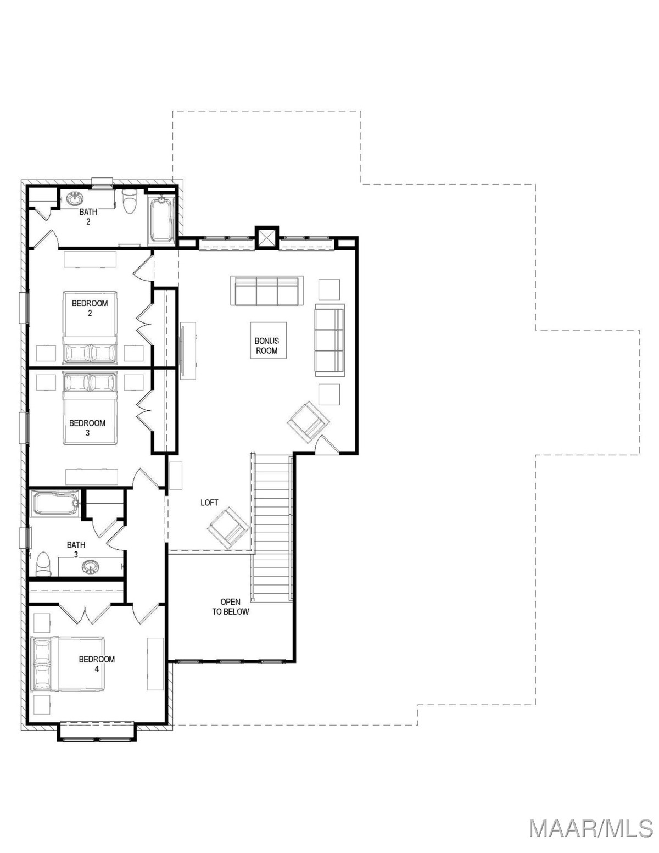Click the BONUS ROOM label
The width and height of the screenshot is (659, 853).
[266, 346]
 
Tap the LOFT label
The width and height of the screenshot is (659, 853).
[209, 503]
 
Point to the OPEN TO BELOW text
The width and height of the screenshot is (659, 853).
[231, 606]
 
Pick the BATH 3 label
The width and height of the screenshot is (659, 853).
[76, 550]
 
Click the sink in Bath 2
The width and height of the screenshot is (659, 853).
[74, 199]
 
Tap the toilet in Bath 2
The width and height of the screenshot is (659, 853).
[129, 202]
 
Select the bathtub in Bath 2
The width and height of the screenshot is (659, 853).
[161, 219]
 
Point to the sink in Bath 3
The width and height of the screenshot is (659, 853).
[91, 567]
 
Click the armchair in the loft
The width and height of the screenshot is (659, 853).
[228, 528]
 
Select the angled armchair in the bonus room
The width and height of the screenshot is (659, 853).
[309, 422]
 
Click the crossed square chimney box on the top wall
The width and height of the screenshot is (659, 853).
[266, 238]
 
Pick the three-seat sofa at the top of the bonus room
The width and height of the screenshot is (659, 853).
[267, 291]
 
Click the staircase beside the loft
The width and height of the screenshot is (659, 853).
[272, 528]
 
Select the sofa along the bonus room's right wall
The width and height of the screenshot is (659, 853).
[329, 340]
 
